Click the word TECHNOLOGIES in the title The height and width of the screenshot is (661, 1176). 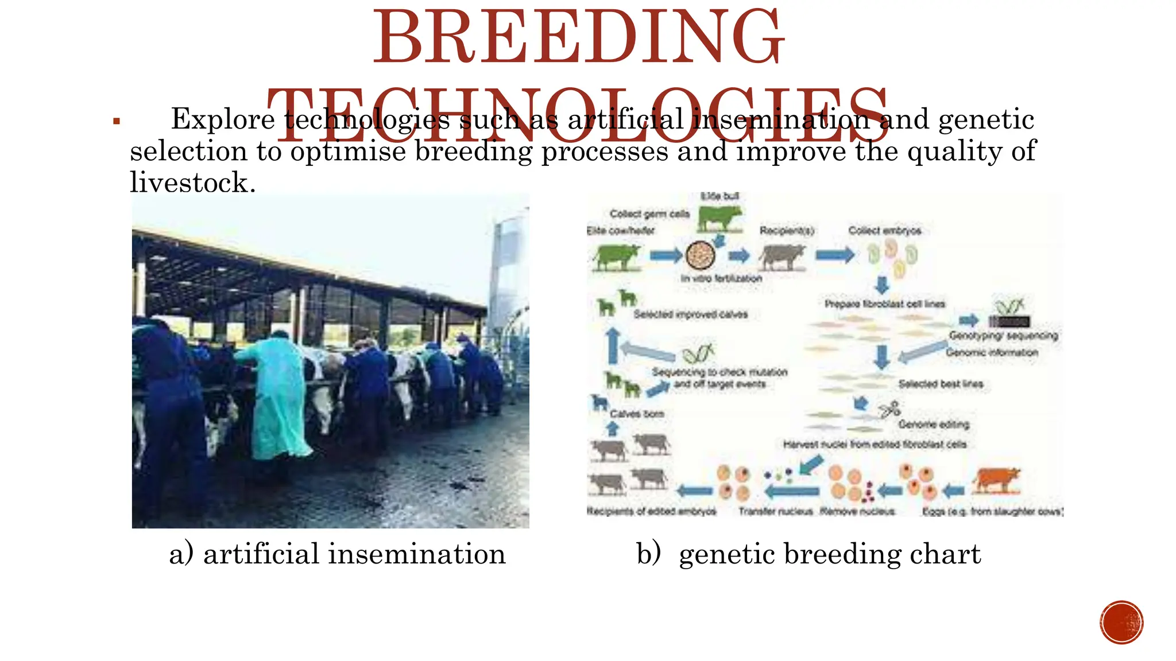[579, 115]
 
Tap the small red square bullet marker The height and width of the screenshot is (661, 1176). [117, 121]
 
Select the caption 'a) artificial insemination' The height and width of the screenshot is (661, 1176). [337, 554]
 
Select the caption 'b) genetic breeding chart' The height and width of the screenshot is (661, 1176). [808, 554]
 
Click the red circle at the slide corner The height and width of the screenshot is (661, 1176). [1121, 623]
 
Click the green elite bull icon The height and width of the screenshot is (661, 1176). [719, 219]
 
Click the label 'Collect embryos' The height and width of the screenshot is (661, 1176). [884, 231]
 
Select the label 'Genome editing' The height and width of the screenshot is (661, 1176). [934, 425]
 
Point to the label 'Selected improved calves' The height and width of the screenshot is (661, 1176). [690, 314]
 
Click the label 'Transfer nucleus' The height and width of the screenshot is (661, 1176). [775, 511]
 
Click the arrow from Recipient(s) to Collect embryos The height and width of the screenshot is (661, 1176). [834, 254]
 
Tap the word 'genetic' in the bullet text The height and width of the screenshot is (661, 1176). [986, 120]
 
